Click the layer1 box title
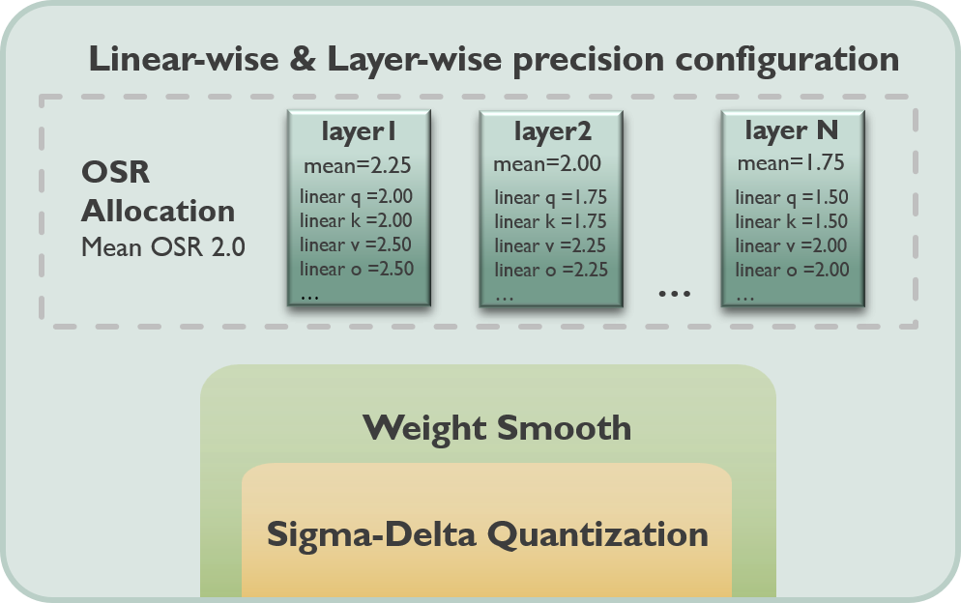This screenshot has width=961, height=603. [359, 129]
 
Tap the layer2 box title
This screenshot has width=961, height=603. [552, 130]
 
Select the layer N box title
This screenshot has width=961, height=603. [792, 129]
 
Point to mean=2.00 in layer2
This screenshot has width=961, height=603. [547, 164]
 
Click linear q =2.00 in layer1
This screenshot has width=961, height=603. [356, 196]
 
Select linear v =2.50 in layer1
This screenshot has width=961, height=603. [356, 244]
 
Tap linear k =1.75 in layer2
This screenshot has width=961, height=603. [550, 222]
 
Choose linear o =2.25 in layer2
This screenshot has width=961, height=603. [551, 270]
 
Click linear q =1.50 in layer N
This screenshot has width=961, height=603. [792, 198]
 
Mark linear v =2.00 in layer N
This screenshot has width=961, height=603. [792, 245]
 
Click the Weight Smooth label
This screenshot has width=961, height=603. [497, 427]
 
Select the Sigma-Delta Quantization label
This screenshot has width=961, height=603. [487, 533]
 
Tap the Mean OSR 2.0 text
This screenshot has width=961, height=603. [162, 247]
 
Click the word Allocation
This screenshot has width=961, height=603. [158, 211]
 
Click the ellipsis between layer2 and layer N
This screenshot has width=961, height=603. [673, 291]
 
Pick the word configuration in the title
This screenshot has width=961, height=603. [801, 60]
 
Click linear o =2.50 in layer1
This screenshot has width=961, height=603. [356, 269]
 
